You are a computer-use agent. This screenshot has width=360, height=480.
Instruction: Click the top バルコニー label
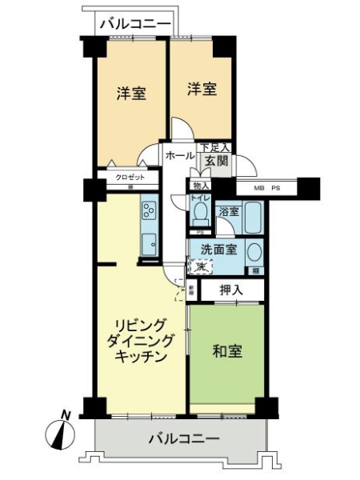134,24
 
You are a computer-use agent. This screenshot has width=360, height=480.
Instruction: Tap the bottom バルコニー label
183,439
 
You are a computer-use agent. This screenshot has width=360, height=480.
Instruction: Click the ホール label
179,156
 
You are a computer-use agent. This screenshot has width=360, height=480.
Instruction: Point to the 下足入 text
214,147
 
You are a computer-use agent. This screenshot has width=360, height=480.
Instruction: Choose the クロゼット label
129,177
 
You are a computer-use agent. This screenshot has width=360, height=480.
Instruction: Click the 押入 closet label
232,289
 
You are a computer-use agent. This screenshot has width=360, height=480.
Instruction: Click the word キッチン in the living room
141,358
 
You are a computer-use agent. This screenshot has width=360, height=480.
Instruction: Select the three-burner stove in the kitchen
150,210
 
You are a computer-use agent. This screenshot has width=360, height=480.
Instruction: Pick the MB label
259,189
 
